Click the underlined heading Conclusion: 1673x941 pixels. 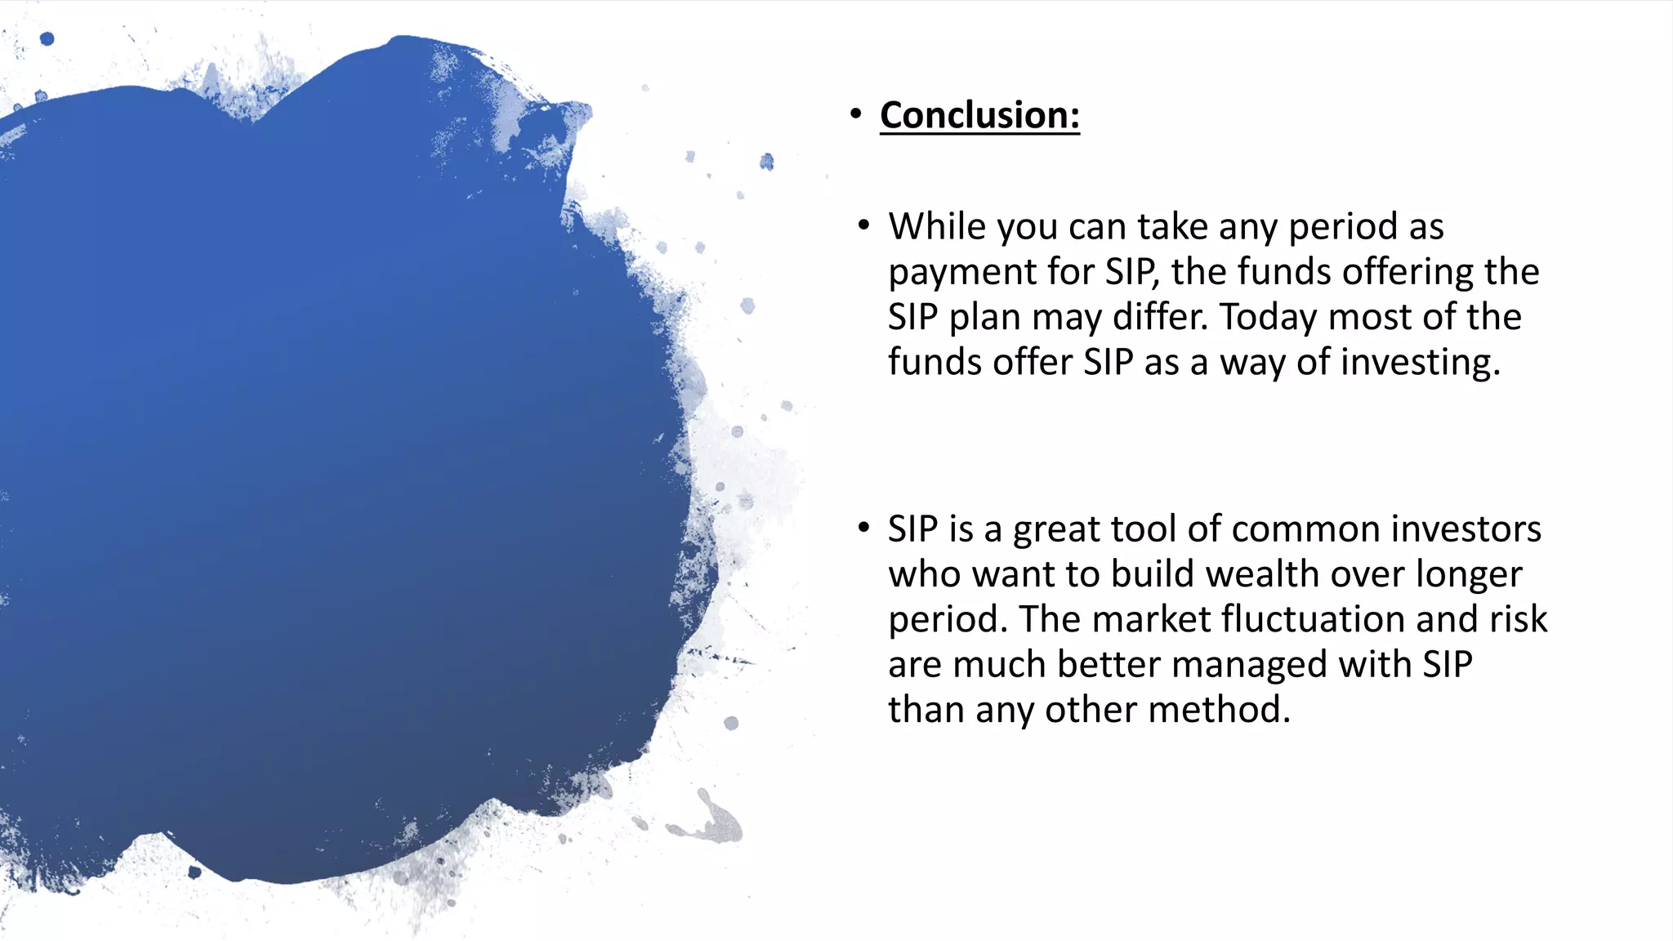(x=979, y=115)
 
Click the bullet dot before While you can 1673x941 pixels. (x=863, y=225)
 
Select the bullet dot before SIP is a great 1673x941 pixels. (x=863, y=528)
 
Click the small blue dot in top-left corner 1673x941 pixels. (x=47, y=38)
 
